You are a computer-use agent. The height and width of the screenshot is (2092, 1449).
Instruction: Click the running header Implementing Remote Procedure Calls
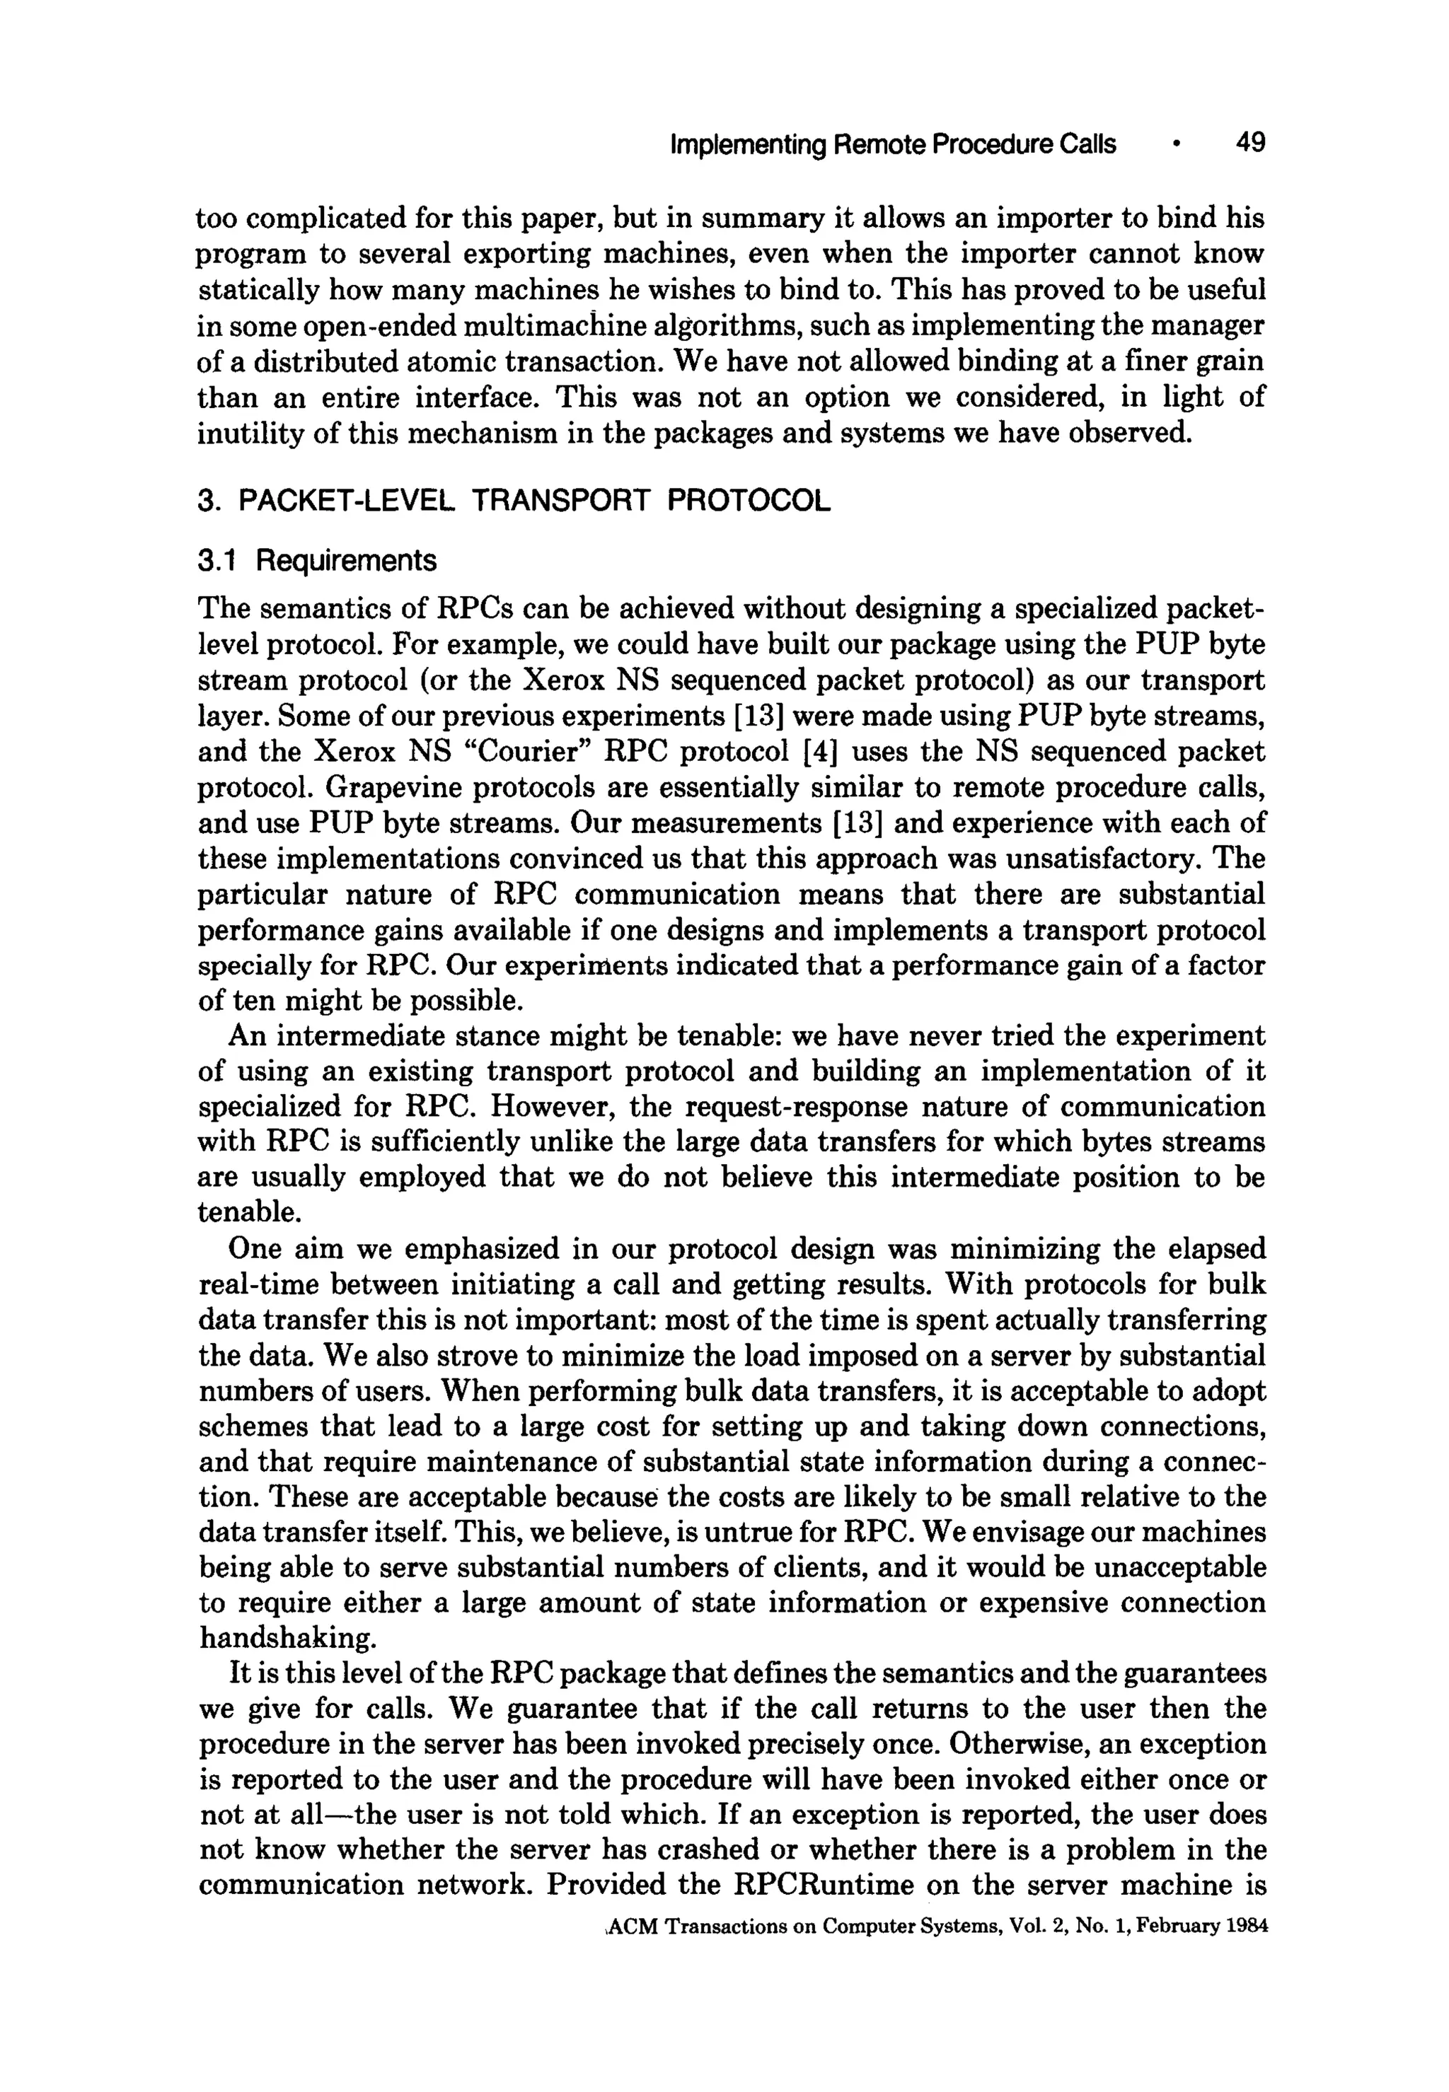892,144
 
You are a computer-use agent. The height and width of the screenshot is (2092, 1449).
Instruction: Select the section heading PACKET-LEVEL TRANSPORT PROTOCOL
534,500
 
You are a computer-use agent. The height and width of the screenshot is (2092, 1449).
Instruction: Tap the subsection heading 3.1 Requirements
317,561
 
